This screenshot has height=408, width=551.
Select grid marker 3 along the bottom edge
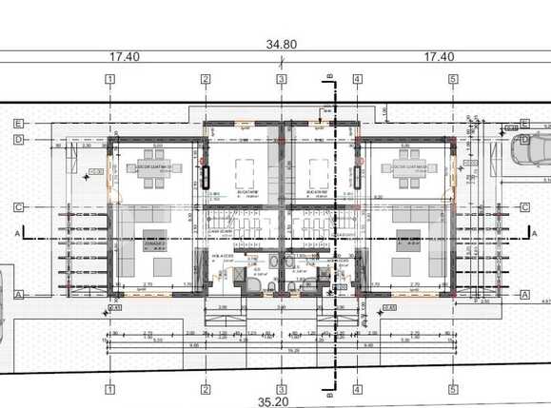tap(282, 387)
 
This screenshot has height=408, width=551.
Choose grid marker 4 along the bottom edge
tap(358, 387)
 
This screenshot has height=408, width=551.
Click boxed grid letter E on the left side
tap(18, 122)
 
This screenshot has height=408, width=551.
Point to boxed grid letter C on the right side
tap(525, 206)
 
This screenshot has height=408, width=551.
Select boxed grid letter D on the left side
tap(18, 139)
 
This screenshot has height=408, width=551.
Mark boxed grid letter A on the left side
tap(18, 295)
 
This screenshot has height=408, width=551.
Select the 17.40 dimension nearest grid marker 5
tap(439, 57)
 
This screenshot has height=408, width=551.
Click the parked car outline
tap(530, 149)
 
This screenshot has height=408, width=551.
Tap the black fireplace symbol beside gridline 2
tap(203, 177)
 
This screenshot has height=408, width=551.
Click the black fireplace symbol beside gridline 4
tap(360, 177)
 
